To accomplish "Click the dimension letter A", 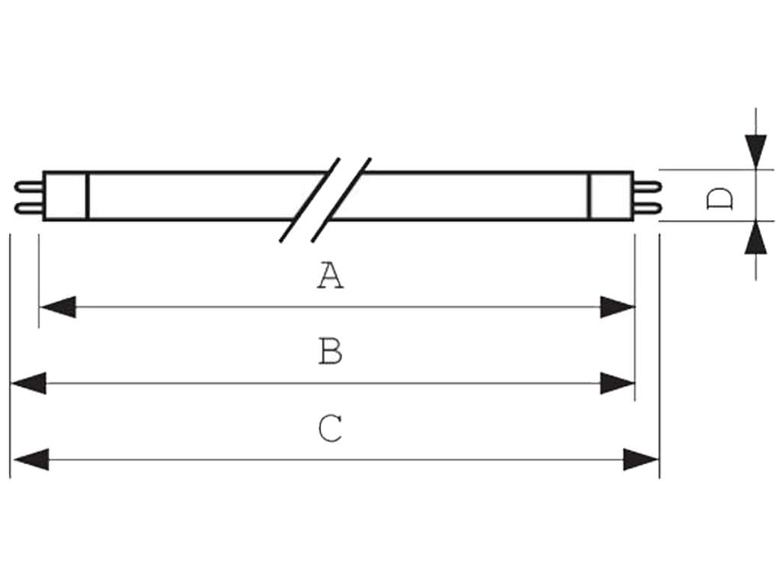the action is [x=330, y=275].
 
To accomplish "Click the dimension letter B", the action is [x=330, y=351].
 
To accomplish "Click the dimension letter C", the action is [x=330, y=428].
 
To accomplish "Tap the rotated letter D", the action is [x=719, y=199].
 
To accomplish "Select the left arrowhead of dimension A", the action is [x=58, y=307].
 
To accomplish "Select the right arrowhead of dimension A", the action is [x=617, y=307].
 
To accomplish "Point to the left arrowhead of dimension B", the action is [x=28, y=383].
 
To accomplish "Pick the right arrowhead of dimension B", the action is [x=617, y=383].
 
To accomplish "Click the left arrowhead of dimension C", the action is [x=31, y=459].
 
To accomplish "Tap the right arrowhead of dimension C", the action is [x=641, y=459].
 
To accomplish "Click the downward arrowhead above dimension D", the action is [x=756, y=152].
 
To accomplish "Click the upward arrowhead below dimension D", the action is [x=756, y=237].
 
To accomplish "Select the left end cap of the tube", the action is [x=66, y=196].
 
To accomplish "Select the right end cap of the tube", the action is [x=611, y=196].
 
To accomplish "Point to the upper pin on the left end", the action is [x=29, y=187].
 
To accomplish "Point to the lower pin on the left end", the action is [x=29, y=208].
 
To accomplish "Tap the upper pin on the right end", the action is [x=648, y=187].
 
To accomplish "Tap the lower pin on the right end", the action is [x=648, y=208].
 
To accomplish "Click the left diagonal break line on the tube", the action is [x=310, y=201].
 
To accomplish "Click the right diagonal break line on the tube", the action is [x=341, y=201].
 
